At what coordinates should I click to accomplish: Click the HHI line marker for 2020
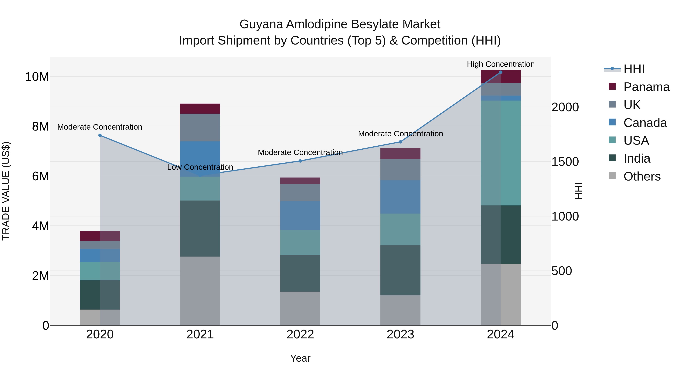pyautogui.click(x=100, y=135)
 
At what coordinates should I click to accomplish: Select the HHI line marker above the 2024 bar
pyautogui.click(x=501, y=72)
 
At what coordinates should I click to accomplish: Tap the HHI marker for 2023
pyautogui.click(x=400, y=142)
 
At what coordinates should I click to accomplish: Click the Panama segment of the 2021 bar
pyautogui.click(x=200, y=109)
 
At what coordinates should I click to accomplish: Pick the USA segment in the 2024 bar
pyautogui.click(x=501, y=153)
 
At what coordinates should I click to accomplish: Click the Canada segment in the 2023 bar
pyautogui.click(x=400, y=197)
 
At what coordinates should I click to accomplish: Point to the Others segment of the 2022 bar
pyautogui.click(x=300, y=308)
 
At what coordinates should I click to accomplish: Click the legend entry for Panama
pyautogui.click(x=646, y=87)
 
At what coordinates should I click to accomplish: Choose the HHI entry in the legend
pyautogui.click(x=634, y=69)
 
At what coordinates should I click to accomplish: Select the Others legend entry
pyautogui.click(x=641, y=176)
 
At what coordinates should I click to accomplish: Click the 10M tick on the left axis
pyautogui.click(x=37, y=77)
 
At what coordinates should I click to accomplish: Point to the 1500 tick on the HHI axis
pyautogui.click(x=565, y=162)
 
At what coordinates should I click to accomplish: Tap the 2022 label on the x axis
pyautogui.click(x=300, y=334)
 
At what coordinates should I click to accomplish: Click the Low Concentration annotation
pyautogui.click(x=200, y=167)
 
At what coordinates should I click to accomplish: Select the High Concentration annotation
pyautogui.click(x=501, y=64)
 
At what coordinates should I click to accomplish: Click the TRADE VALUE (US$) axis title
pyautogui.click(x=6, y=191)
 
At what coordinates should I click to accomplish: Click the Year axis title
pyautogui.click(x=300, y=358)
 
